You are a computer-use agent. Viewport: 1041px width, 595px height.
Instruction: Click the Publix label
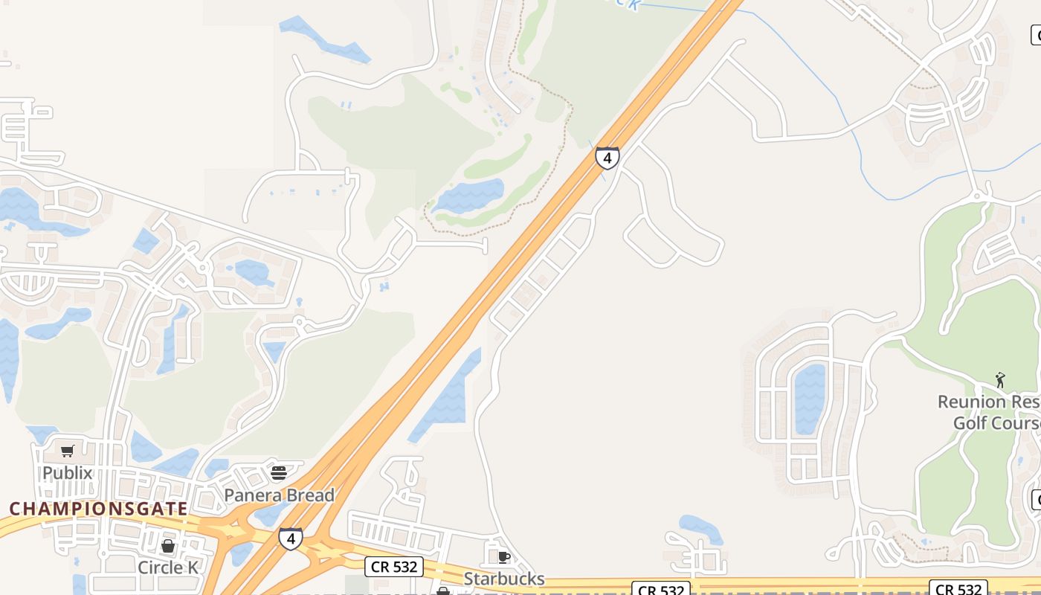point(67,473)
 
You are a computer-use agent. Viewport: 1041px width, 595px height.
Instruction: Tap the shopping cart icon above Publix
point(68,451)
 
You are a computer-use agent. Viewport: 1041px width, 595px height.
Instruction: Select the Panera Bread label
point(280,495)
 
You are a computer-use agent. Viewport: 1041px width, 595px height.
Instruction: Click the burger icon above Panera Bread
point(279,473)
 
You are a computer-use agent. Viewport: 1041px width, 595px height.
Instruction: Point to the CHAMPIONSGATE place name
point(99,509)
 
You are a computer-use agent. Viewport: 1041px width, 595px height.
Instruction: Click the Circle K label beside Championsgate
point(168,567)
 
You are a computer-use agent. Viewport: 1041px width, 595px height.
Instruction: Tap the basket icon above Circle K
point(168,547)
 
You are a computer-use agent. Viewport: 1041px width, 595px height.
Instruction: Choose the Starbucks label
point(504,579)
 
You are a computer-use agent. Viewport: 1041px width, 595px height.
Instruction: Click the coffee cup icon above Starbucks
point(503,557)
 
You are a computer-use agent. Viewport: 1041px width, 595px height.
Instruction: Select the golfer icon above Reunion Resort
point(1000,381)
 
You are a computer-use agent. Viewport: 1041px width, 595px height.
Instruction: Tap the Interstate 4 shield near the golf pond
point(607,158)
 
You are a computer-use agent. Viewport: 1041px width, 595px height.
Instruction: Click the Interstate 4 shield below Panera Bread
point(291,538)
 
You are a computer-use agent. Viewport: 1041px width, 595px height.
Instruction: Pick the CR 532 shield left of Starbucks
point(395,567)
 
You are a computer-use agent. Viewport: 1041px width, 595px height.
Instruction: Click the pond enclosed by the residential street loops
point(810,398)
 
